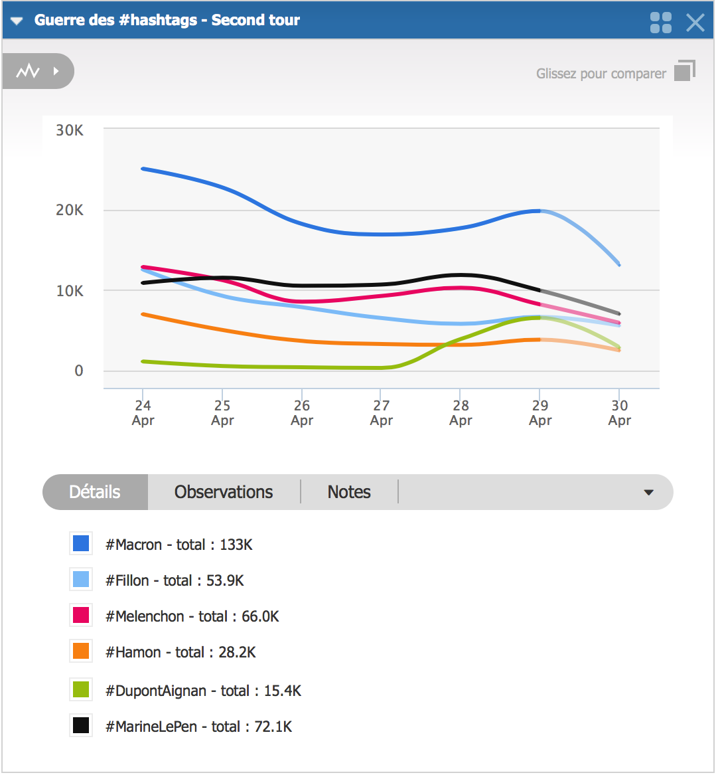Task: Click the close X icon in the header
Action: click(x=695, y=23)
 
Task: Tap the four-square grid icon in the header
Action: click(x=660, y=23)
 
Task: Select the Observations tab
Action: click(x=224, y=492)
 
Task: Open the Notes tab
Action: click(x=349, y=492)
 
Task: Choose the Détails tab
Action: click(x=95, y=492)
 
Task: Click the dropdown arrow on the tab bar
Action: click(x=648, y=493)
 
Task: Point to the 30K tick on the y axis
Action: click(x=70, y=130)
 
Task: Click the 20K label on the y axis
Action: click(x=70, y=211)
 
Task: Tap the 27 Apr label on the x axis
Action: click(x=381, y=412)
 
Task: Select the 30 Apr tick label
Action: click(x=619, y=412)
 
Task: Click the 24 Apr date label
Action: click(x=143, y=412)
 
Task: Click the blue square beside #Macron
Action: click(x=81, y=544)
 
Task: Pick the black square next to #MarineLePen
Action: click(x=81, y=725)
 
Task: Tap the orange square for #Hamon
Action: click(x=81, y=651)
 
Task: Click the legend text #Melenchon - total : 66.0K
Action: click(x=192, y=616)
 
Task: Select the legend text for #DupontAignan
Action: click(x=203, y=691)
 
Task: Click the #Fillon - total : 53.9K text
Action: click(x=175, y=580)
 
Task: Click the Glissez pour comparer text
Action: click(x=601, y=74)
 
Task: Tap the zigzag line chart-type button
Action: click(x=29, y=71)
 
